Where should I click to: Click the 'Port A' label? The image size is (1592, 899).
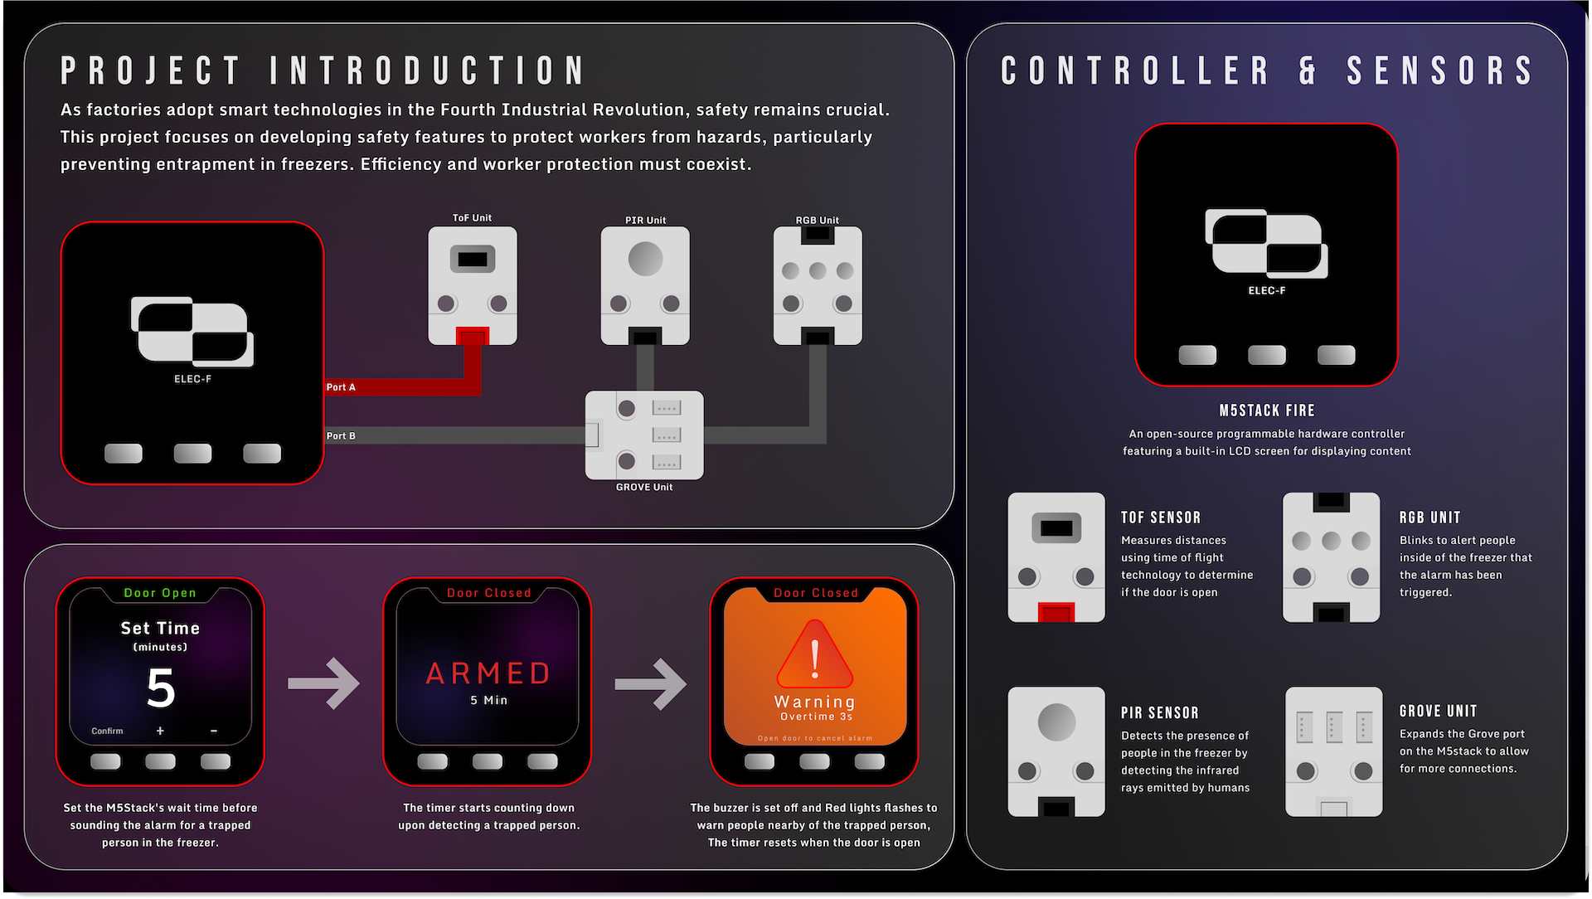pos(341,387)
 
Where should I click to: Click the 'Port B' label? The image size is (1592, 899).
pos(341,435)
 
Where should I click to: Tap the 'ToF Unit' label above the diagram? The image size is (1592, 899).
pos(472,218)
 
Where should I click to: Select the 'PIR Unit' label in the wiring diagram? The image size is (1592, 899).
pos(645,221)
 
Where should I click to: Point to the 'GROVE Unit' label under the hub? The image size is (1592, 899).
pos(644,487)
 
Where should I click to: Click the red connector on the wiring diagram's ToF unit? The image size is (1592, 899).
pos(472,336)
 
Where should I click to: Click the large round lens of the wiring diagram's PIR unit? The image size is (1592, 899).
pos(645,259)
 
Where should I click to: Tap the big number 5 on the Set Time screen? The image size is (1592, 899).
pos(161,688)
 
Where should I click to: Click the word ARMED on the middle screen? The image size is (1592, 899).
pos(488,673)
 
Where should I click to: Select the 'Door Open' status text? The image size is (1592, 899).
pos(160,593)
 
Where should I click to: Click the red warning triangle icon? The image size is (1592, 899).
pos(815,654)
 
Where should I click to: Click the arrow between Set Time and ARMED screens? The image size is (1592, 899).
pos(323,683)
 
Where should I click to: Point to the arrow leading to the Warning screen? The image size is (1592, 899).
pos(650,683)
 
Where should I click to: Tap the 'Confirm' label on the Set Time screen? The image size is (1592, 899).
pos(107,731)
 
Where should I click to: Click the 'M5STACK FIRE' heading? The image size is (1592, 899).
pos(1267,411)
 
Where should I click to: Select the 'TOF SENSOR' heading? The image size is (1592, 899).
pos(1161,518)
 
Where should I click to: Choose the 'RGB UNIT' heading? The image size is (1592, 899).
pos(1430,518)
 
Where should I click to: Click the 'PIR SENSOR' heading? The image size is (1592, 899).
pos(1160,713)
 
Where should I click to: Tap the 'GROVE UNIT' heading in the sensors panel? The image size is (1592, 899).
pos(1439,712)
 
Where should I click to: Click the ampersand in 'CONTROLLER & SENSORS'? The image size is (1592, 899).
pos(1308,70)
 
